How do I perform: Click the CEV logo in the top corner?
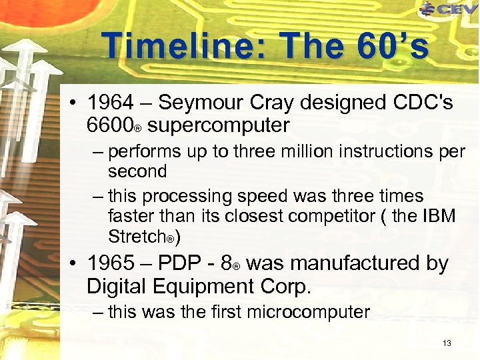[449, 9]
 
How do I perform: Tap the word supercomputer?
[219, 125]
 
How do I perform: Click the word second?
[137, 171]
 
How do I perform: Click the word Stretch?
[136, 237]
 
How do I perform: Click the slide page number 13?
[446, 343]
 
